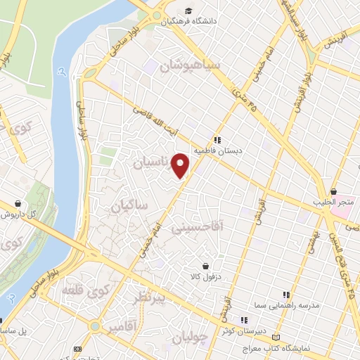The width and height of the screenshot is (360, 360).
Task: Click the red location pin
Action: click(181, 165)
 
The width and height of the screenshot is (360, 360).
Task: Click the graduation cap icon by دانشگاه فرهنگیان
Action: click(188, 11)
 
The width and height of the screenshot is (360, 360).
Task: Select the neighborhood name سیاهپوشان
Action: click(191, 67)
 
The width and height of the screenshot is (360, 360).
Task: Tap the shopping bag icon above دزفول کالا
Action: click(205, 266)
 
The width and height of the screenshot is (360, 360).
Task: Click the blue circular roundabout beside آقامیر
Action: click(94, 326)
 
